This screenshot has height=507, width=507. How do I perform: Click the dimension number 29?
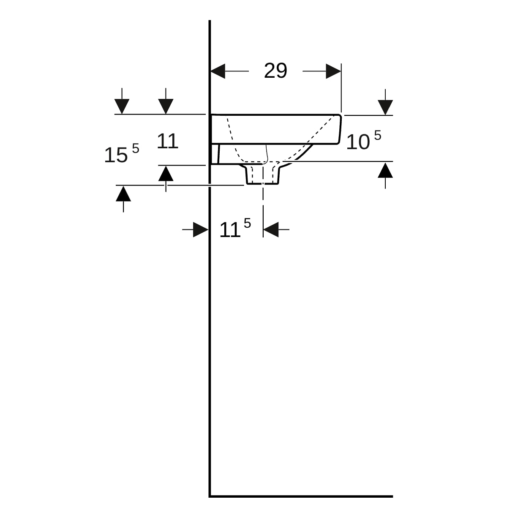tap(275, 71)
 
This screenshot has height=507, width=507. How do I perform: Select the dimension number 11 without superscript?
tap(167, 141)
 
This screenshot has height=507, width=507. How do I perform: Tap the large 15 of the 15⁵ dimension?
tap(116, 155)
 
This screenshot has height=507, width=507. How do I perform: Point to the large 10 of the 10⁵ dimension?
tap(358, 142)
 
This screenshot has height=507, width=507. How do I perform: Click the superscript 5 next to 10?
tap(378, 135)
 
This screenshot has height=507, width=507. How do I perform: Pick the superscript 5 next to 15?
tap(136, 148)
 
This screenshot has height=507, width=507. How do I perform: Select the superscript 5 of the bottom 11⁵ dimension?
tap(247, 223)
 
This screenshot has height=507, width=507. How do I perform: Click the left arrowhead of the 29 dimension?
tap(218, 71)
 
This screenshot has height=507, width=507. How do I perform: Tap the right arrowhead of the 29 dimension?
tap(333, 71)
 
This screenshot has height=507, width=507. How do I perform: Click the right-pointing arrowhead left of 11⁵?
tap(201, 229)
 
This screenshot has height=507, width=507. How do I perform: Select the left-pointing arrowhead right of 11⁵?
tap(271, 229)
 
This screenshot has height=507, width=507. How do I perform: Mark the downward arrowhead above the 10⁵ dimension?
tap(385, 107)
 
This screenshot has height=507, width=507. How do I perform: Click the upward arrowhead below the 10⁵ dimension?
tap(385, 170)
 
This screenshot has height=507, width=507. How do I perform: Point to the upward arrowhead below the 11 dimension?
tap(166, 174)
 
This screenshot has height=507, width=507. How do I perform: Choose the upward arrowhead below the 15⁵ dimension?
tap(123, 194)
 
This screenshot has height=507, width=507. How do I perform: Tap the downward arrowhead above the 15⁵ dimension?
tap(122, 106)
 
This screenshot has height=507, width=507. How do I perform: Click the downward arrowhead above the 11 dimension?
tap(166, 106)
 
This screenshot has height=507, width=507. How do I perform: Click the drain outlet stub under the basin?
tap(262, 174)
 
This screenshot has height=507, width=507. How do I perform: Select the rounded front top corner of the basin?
tap(340, 116)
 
